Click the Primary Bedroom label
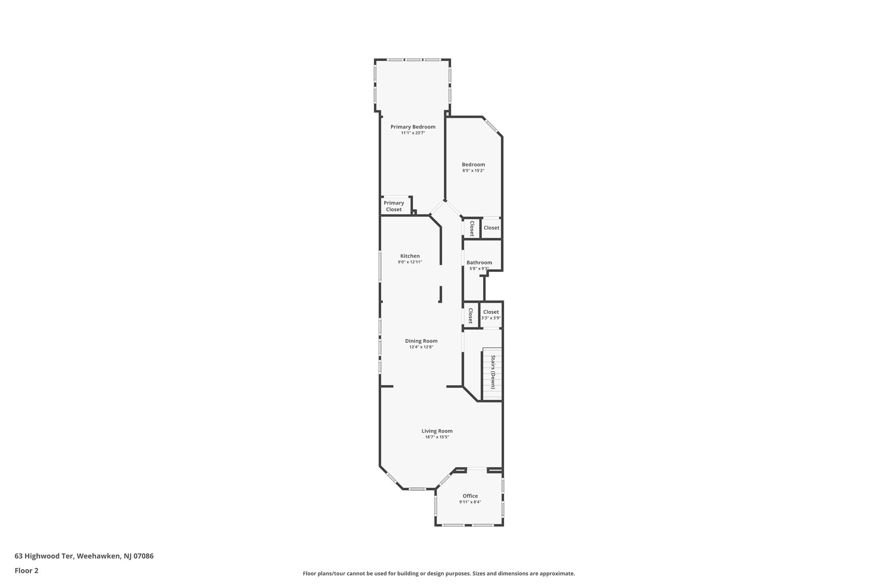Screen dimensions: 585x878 (413, 127)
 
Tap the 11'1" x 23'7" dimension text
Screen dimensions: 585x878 (413, 133)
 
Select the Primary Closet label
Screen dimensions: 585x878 (394, 206)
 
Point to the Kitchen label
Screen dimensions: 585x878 (410, 256)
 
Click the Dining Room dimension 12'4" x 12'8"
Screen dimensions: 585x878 (421, 347)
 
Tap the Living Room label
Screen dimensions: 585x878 (437, 431)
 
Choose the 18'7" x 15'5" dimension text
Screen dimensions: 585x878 (437, 437)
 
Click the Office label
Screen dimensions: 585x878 (470, 496)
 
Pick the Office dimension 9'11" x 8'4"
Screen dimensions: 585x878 (470, 502)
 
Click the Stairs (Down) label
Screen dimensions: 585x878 (493, 372)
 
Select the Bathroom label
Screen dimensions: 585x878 (479, 263)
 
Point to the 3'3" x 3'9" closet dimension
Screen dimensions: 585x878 (491, 318)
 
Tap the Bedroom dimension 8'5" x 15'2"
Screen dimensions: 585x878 (473, 171)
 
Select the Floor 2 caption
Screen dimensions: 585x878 (27, 570)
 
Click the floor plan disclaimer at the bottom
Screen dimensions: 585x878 (439, 573)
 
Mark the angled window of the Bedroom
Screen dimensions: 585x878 (492, 126)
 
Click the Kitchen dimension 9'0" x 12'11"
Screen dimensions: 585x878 (410, 262)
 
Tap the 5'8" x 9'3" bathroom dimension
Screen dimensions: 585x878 (479, 269)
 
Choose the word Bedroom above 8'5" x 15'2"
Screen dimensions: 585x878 (473, 165)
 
